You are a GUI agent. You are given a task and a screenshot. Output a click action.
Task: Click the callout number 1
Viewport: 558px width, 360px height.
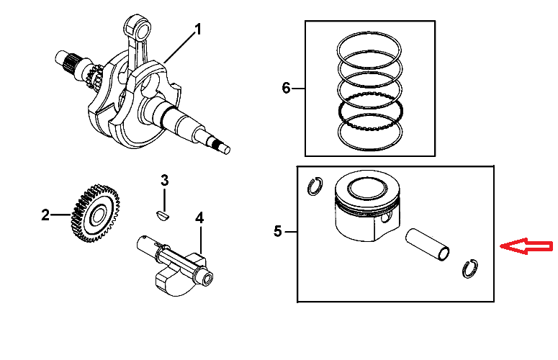(x=197, y=30)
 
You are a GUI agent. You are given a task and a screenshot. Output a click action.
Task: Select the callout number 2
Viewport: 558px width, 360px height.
(x=45, y=215)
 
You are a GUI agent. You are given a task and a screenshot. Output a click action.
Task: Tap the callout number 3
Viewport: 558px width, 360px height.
(x=164, y=180)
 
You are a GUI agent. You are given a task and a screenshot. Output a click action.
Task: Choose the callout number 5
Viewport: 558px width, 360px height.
(x=279, y=232)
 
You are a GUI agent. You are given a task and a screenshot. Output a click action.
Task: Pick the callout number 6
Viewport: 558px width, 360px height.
(x=286, y=89)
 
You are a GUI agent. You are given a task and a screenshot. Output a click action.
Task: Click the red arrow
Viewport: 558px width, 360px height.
(x=527, y=247)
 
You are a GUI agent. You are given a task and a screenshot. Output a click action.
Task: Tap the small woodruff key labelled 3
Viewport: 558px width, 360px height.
(x=163, y=213)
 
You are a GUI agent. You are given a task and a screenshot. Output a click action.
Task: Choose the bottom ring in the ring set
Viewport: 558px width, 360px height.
(x=370, y=131)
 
